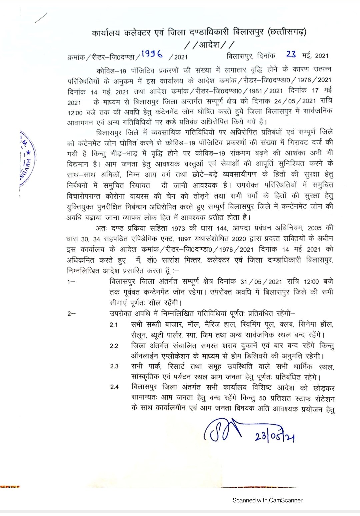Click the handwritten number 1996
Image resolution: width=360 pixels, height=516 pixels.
[152, 54]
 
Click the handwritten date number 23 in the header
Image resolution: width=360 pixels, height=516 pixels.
[291, 54]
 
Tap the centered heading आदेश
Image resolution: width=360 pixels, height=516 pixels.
[209, 44]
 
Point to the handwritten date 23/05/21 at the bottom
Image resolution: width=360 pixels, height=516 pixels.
[274, 436]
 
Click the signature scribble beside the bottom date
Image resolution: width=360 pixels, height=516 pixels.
[222, 430]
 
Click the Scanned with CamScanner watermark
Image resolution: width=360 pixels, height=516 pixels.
[267, 500]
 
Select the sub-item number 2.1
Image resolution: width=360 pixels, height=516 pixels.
[114, 325]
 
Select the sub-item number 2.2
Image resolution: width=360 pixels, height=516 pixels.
[114, 346]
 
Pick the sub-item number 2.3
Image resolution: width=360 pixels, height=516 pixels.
[114, 366]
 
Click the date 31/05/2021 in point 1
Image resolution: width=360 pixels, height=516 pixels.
[261, 282]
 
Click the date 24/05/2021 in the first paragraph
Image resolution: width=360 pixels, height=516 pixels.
[295, 101]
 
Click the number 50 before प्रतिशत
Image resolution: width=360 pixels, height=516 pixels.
[262, 398]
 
